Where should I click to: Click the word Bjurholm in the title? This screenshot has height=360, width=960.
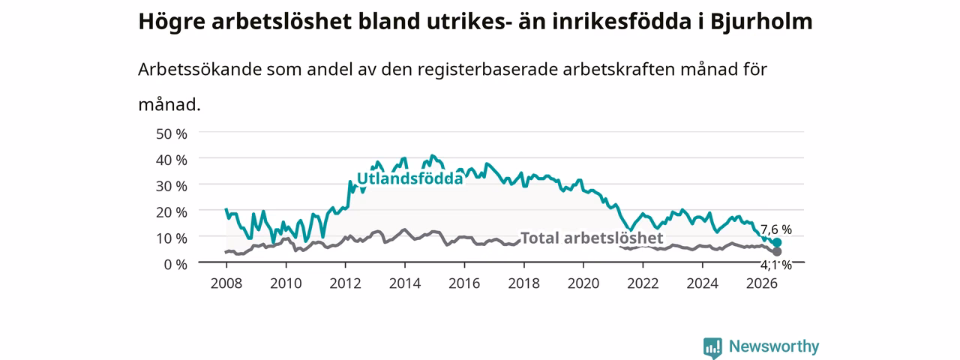(x=761, y=21)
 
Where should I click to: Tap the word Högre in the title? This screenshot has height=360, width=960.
(x=172, y=22)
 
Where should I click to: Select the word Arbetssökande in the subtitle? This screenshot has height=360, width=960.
(x=199, y=69)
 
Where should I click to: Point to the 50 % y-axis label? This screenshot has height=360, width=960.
(x=172, y=133)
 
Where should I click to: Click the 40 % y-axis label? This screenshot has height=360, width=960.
(x=172, y=160)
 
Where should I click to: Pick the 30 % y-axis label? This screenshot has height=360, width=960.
(x=172, y=186)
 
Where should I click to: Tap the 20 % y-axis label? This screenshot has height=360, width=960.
(x=172, y=212)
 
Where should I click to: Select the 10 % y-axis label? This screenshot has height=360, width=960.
(x=172, y=238)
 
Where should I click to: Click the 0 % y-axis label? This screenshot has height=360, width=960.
(x=175, y=265)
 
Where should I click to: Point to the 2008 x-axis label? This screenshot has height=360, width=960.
(x=226, y=283)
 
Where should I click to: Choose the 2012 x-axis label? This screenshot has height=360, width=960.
(x=346, y=283)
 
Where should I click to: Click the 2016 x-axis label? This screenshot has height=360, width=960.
(x=464, y=283)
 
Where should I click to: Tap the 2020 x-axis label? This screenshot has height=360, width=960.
(x=583, y=283)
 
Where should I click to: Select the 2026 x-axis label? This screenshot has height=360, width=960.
(x=762, y=283)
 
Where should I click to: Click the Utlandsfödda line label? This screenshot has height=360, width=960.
(x=410, y=178)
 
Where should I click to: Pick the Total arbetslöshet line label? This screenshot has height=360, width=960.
(x=592, y=238)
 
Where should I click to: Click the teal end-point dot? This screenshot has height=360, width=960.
(x=777, y=242)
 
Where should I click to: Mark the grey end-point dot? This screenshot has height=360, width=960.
(x=777, y=251)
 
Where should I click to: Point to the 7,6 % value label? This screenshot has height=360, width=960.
(x=776, y=229)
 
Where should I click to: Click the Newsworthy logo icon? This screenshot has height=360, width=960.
(x=712, y=346)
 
